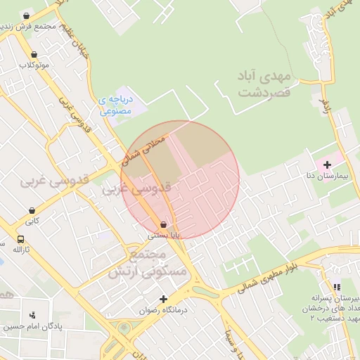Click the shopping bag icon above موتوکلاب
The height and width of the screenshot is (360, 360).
[33, 55]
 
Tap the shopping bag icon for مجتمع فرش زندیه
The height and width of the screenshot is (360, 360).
[27, 16]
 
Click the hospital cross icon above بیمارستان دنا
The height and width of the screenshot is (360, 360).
[326, 165]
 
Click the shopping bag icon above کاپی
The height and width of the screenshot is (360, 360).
[32, 210]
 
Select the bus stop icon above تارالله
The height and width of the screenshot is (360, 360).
[20, 239]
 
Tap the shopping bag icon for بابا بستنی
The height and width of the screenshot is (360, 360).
[164, 224]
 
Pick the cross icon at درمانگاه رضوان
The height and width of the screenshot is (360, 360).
[163, 299]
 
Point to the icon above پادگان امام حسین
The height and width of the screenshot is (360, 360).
[32, 314]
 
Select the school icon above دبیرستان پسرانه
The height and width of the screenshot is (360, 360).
[336, 287]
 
